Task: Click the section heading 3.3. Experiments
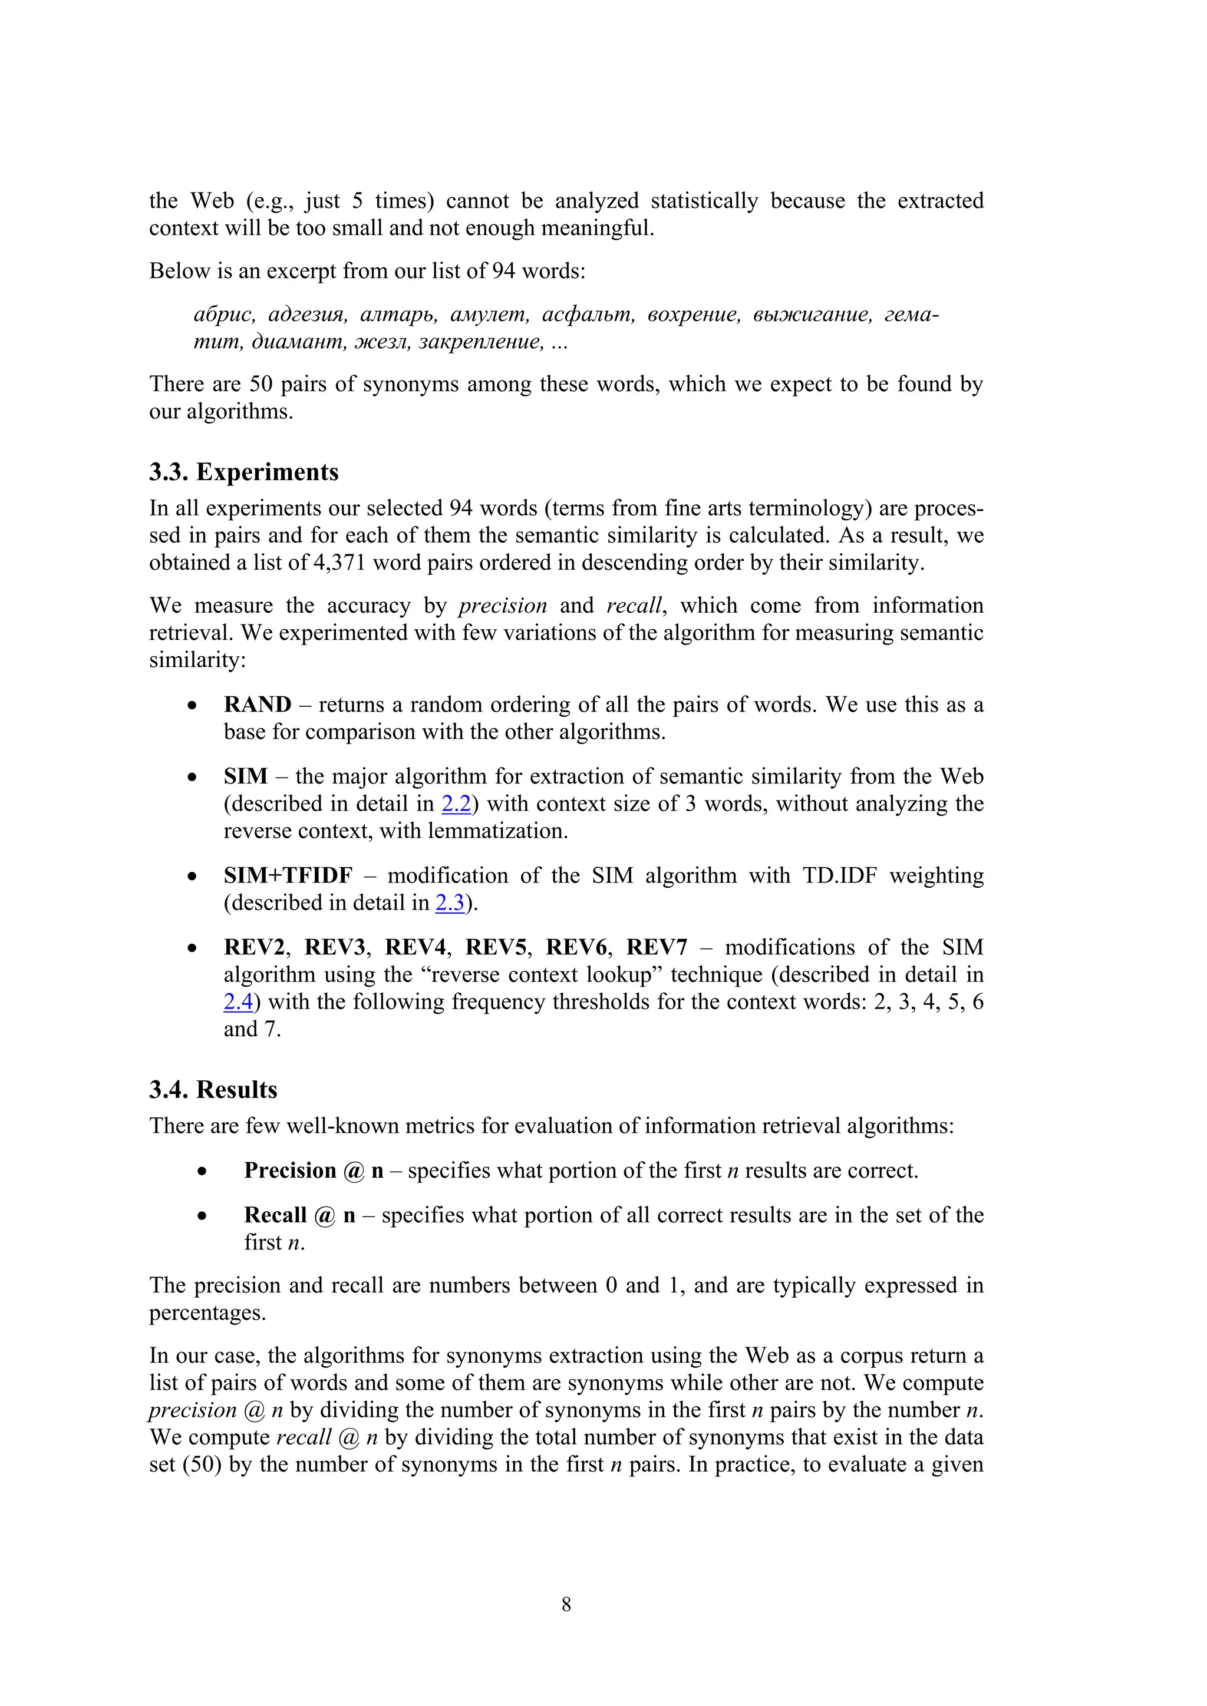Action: [244, 472]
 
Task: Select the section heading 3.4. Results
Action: [213, 1090]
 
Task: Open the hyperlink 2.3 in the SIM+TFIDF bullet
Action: [450, 903]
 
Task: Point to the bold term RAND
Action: [257, 705]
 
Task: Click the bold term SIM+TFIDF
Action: [288, 875]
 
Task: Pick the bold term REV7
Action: [657, 947]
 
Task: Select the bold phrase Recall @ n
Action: [299, 1215]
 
